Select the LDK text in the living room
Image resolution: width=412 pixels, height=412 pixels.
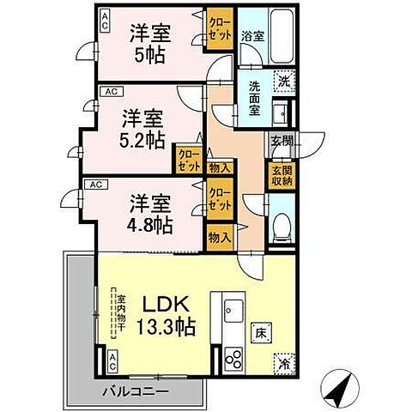159,305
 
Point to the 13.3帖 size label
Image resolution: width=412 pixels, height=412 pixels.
161,327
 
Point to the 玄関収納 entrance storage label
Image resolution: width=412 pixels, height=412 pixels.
282,174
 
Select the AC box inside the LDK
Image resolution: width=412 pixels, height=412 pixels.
113,360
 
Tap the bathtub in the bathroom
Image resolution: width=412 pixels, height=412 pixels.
282,39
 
